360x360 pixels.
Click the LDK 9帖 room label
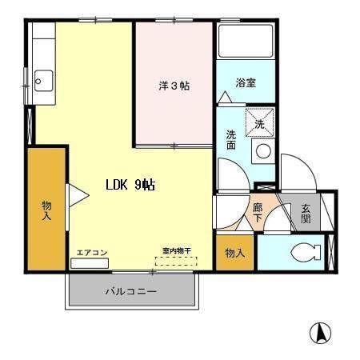pyautogui.click(x=130, y=185)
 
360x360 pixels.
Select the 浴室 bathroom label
pyautogui.click(x=245, y=83)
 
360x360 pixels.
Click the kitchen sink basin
pyautogui.click(x=43, y=81)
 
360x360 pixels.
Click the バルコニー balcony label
pyautogui.click(x=130, y=291)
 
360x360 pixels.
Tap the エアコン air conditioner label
pyautogui.click(x=91, y=252)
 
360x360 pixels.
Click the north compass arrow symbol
pyautogui.click(x=320, y=332)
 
